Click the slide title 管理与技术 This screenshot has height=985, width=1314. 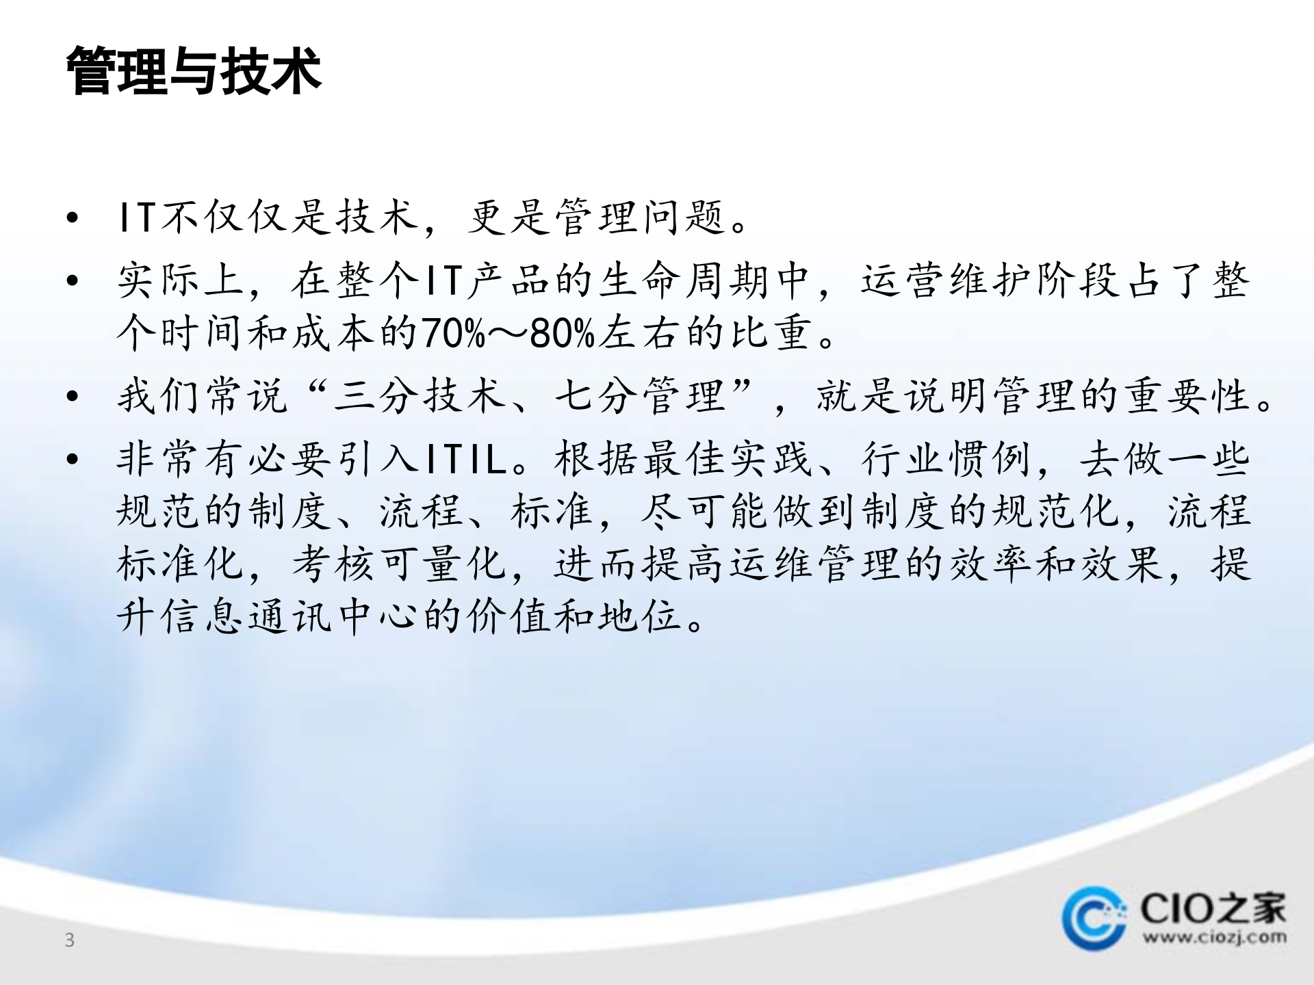pos(194,71)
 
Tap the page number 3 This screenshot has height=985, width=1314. pos(69,941)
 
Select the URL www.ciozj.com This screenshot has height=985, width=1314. pos(1214,937)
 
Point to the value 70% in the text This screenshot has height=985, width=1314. pos(453,334)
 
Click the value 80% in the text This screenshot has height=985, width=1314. pos(561,334)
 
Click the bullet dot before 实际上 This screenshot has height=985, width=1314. pos(73,281)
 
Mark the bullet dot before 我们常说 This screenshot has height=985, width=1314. pos(73,397)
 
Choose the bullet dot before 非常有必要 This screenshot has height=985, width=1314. pos(73,459)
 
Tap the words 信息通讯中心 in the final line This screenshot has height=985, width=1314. pos(269,616)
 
